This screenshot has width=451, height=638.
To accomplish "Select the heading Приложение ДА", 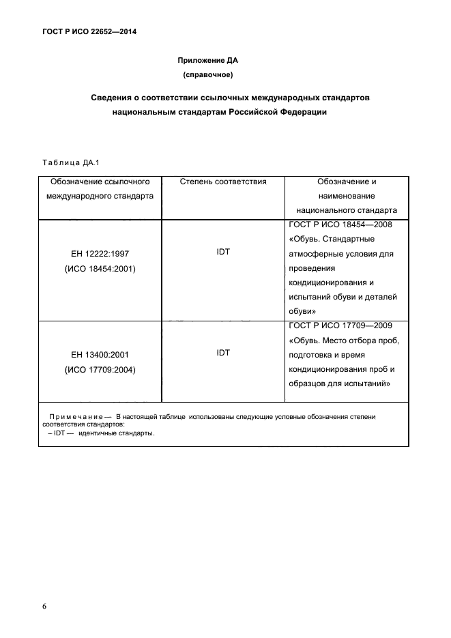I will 207,60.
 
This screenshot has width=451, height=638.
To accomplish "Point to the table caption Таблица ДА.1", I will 71,162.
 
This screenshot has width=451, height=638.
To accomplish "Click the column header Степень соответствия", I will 222,182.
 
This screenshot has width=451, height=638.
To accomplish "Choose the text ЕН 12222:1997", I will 100,254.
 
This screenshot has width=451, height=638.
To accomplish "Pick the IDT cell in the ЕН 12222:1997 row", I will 222,252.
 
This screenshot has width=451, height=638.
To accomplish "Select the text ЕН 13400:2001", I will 100,355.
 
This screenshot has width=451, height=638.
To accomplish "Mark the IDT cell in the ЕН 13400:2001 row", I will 222,353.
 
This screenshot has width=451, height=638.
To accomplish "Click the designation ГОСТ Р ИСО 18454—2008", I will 340,224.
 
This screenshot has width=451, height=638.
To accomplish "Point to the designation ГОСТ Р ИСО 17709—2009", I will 340,325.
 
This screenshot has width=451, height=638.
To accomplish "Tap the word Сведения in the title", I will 113,98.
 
